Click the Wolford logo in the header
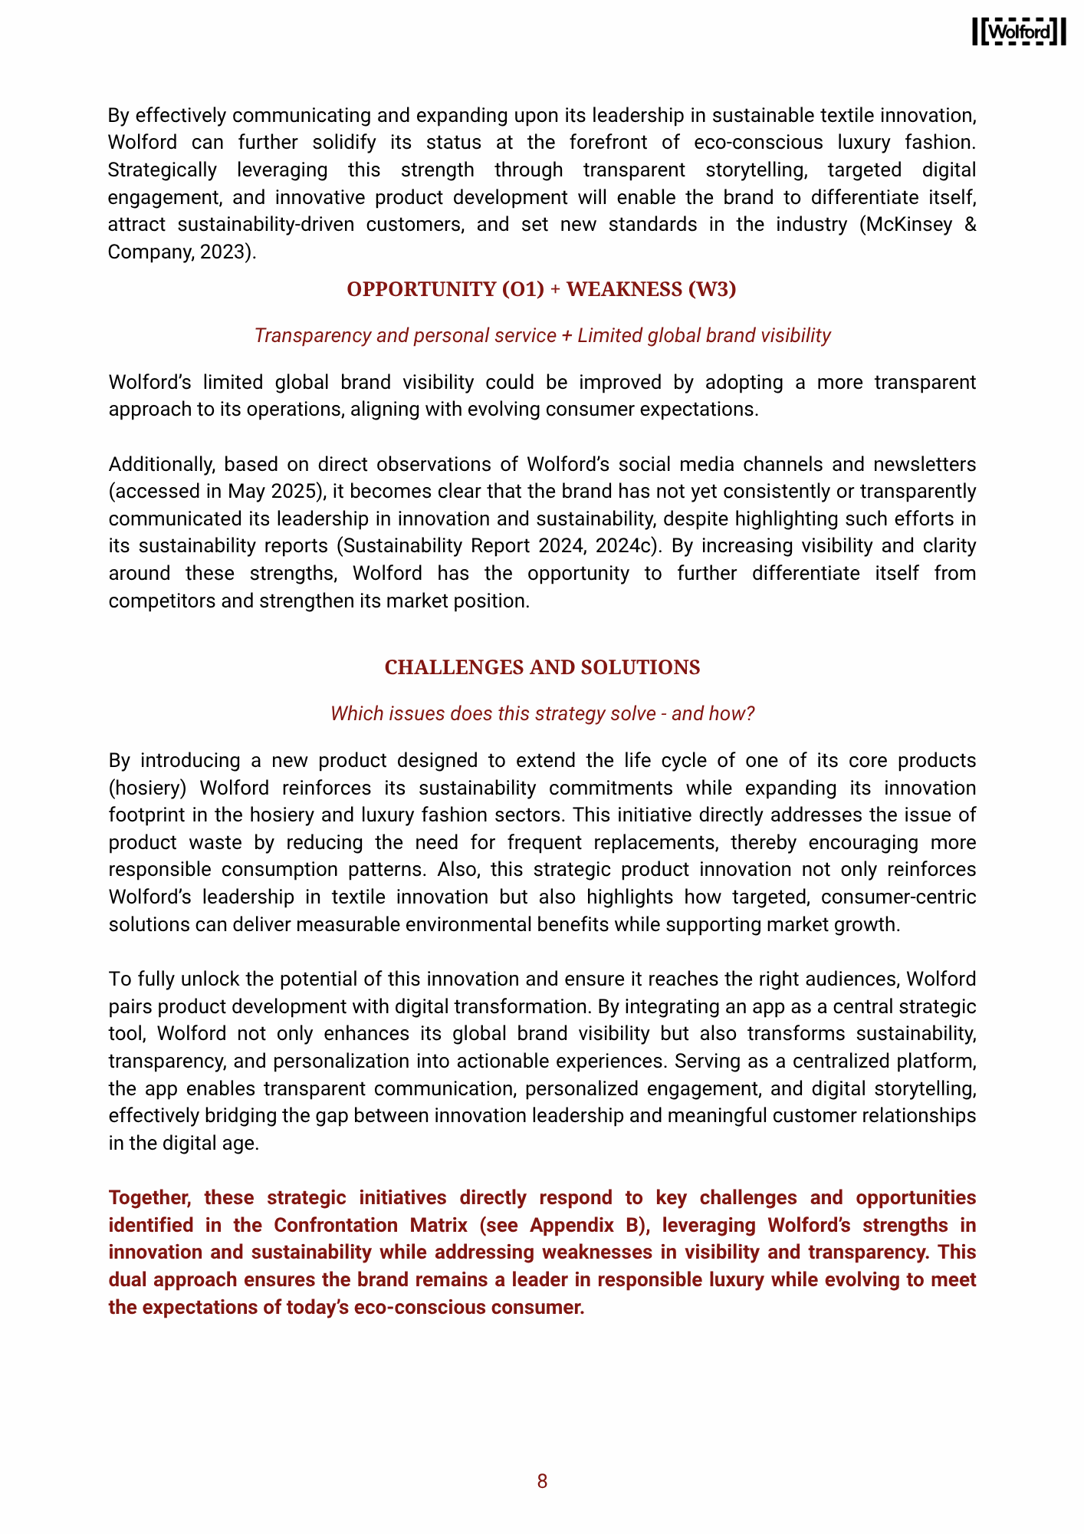(x=1019, y=31)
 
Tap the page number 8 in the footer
(x=542, y=1481)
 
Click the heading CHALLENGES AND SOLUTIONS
(x=542, y=667)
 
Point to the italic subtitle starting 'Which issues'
(x=542, y=713)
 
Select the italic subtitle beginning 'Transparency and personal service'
(x=542, y=335)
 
